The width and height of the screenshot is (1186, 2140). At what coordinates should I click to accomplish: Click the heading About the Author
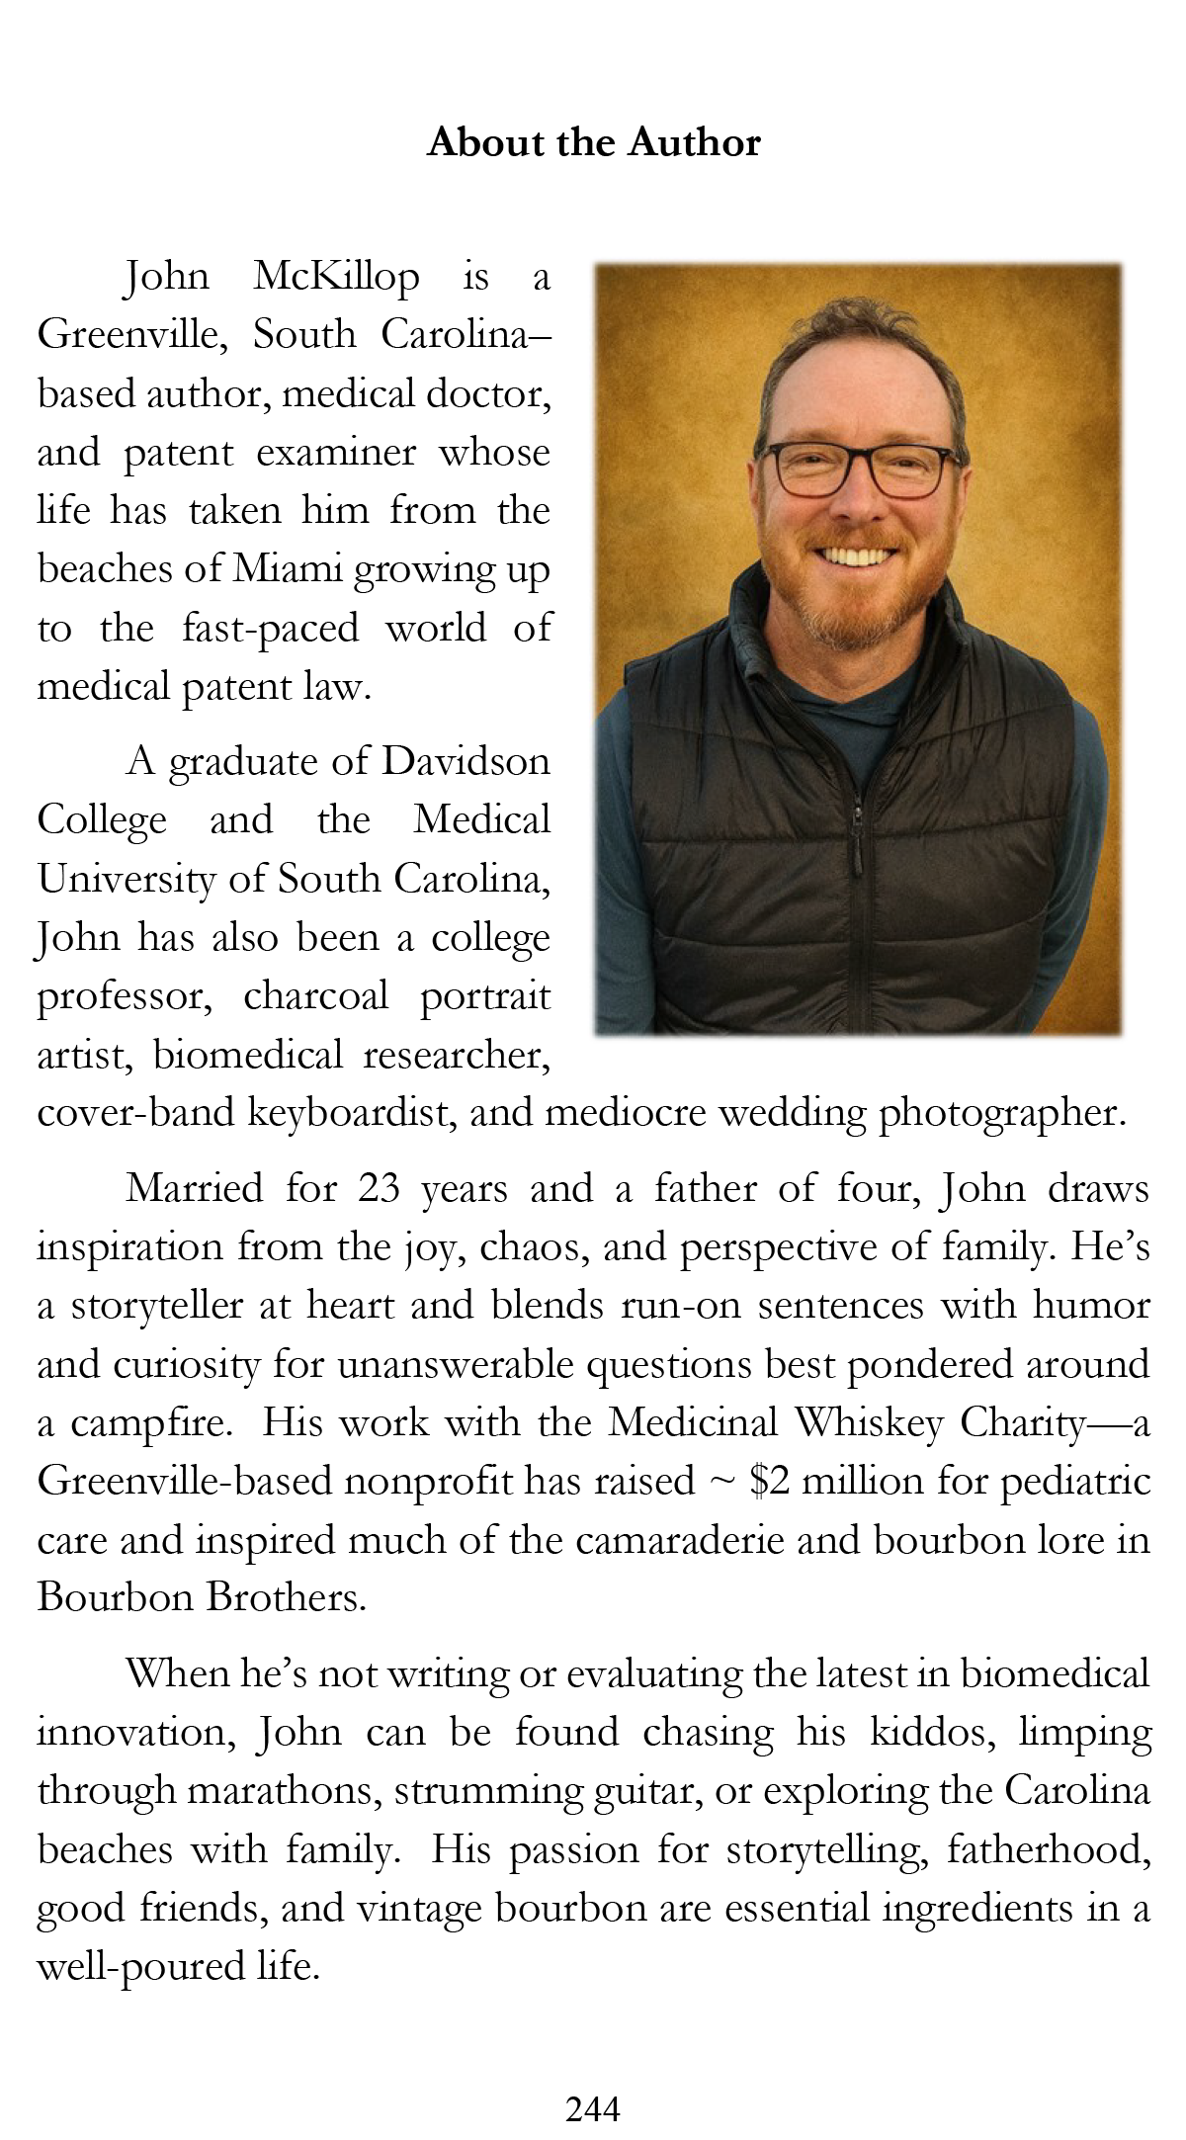point(593,143)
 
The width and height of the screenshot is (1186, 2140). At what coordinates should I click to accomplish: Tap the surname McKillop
point(336,277)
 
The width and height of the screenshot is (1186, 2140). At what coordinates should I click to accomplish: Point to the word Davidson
point(466,762)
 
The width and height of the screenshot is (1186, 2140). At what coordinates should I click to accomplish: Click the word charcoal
point(316,996)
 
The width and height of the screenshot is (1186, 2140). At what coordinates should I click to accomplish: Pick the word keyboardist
point(351,1114)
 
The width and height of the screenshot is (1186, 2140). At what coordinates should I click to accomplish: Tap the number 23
point(379,1189)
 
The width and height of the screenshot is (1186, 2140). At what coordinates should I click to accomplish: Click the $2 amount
point(769,1482)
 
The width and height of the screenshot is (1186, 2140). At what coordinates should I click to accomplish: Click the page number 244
point(593,2109)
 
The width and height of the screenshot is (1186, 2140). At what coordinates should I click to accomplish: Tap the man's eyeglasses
point(857,469)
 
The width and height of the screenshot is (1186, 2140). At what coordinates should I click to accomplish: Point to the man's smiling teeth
point(856,555)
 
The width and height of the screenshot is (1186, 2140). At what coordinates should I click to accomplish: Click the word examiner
point(336,454)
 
